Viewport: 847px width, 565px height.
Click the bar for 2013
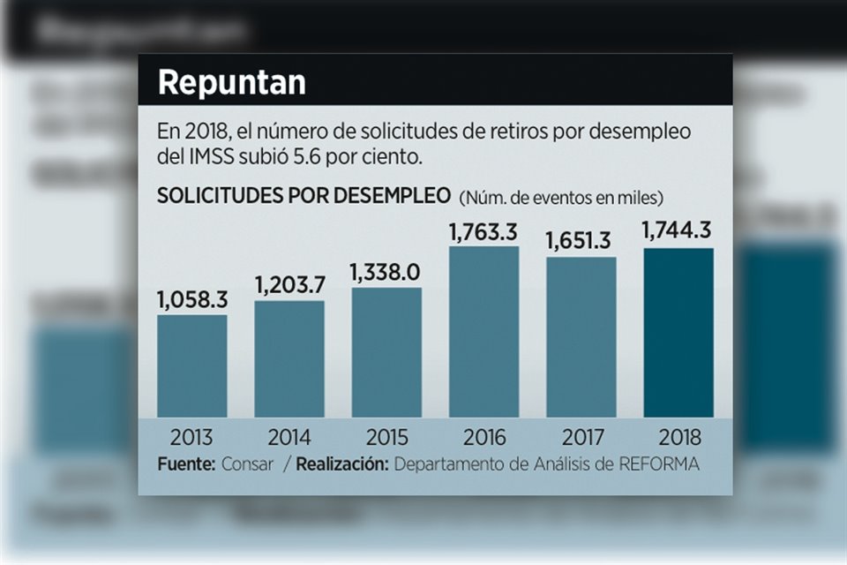click(192, 365)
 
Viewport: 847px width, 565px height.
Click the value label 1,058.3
click(192, 300)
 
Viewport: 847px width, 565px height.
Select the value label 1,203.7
click(289, 286)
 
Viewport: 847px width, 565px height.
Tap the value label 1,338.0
click(386, 272)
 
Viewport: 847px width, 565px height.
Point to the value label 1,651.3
click(581, 241)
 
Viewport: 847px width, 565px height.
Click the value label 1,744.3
click(678, 232)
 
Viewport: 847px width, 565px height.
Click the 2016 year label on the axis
click(483, 437)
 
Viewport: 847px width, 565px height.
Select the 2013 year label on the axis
click(192, 437)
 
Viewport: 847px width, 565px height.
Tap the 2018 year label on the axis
click(678, 437)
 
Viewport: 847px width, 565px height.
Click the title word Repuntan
click(231, 82)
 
